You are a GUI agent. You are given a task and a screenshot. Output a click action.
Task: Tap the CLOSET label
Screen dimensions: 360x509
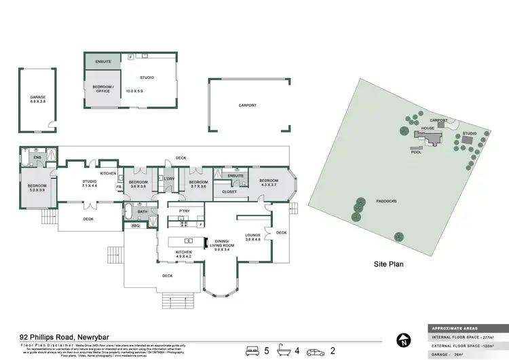click(x=229, y=192)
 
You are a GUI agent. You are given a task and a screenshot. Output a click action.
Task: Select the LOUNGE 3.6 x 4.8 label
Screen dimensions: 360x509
click(x=253, y=238)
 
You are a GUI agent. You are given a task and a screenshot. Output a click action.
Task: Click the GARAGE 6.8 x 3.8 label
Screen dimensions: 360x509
click(x=37, y=99)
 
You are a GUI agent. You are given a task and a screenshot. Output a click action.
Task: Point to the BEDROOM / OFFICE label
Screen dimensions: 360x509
click(x=103, y=88)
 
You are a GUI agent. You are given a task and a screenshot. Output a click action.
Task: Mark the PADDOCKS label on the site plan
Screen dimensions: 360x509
click(x=385, y=201)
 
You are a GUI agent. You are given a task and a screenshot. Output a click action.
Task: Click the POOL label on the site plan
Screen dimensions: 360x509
click(x=416, y=152)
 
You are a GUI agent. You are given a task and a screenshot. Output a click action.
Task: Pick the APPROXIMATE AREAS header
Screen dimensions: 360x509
click(x=454, y=327)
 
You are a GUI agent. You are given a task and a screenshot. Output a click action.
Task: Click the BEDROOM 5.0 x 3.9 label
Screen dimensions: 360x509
click(x=37, y=188)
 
